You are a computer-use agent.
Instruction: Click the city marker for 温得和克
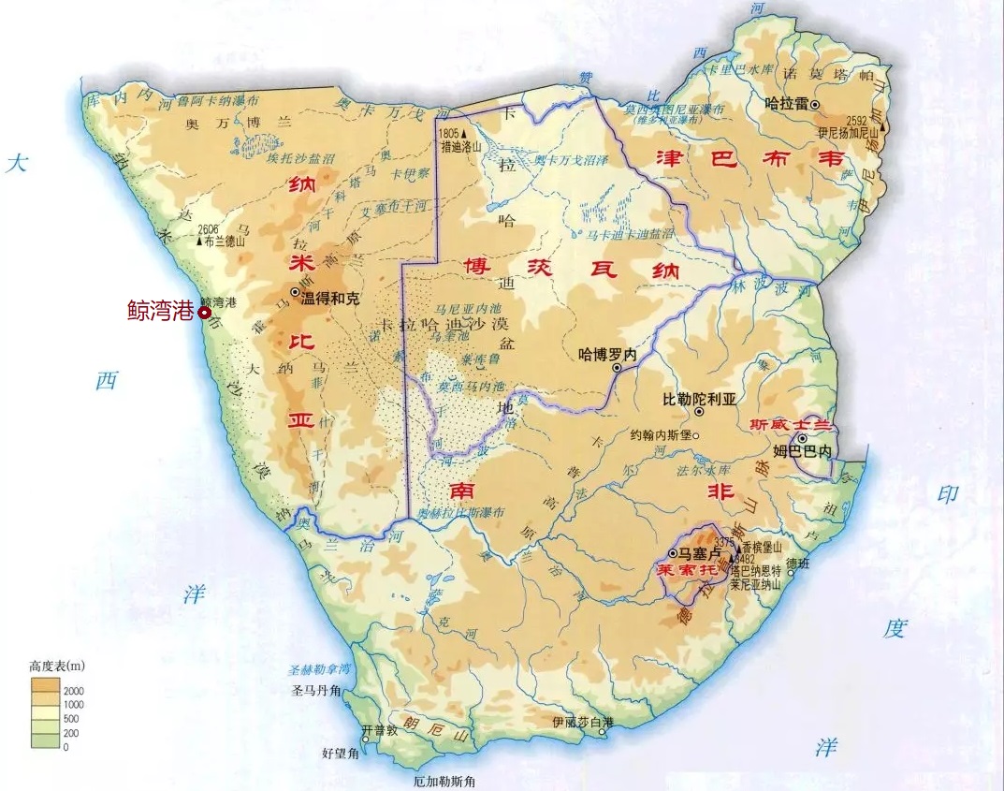point(296,294)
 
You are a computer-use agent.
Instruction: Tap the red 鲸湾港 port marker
point(204,313)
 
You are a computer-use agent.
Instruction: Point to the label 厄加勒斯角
point(445,781)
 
